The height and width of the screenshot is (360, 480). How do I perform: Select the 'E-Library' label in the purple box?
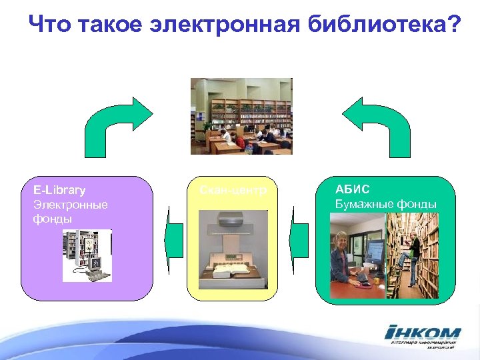click(x=59, y=191)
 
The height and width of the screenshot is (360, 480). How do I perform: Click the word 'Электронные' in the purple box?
click(x=71, y=205)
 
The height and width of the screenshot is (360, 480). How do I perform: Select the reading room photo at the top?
click(x=241, y=117)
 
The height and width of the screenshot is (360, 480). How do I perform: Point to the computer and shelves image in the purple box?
click(x=87, y=255)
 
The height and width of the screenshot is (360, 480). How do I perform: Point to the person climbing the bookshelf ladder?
click(x=413, y=250)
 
